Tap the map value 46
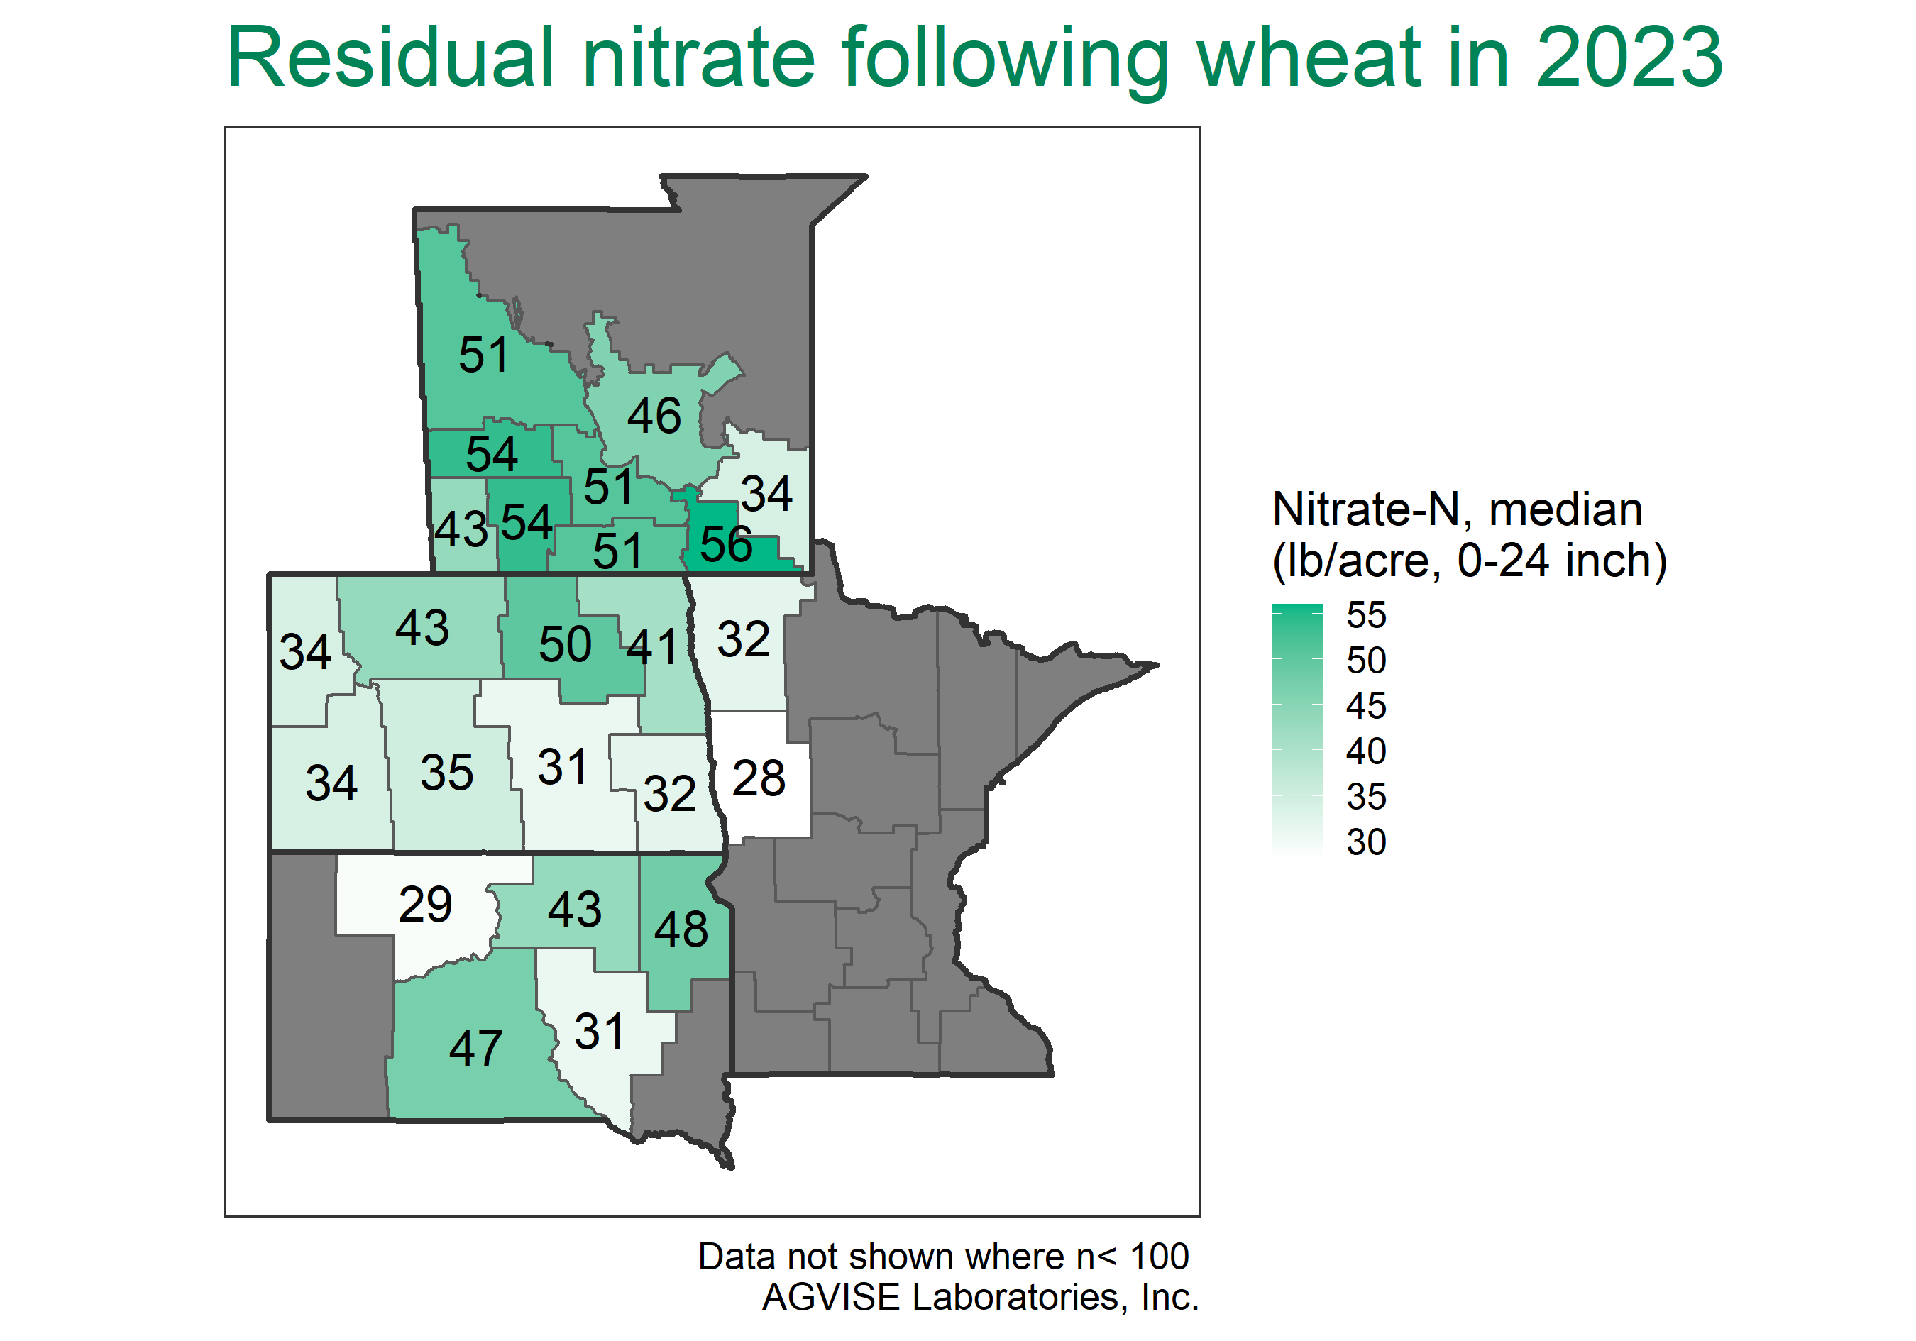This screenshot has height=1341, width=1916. click(654, 416)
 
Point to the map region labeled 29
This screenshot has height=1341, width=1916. click(426, 905)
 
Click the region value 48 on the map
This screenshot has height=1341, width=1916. click(681, 929)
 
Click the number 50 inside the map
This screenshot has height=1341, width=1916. click(565, 644)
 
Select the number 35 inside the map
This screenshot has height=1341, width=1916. click(446, 773)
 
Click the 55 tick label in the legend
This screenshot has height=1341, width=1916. click(1366, 616)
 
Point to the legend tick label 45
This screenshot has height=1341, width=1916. click(1366, 707)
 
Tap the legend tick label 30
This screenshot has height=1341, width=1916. click(1366, 843)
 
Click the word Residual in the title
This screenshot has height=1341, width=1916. click(390, 57)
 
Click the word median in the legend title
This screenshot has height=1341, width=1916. click(1565, 510)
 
